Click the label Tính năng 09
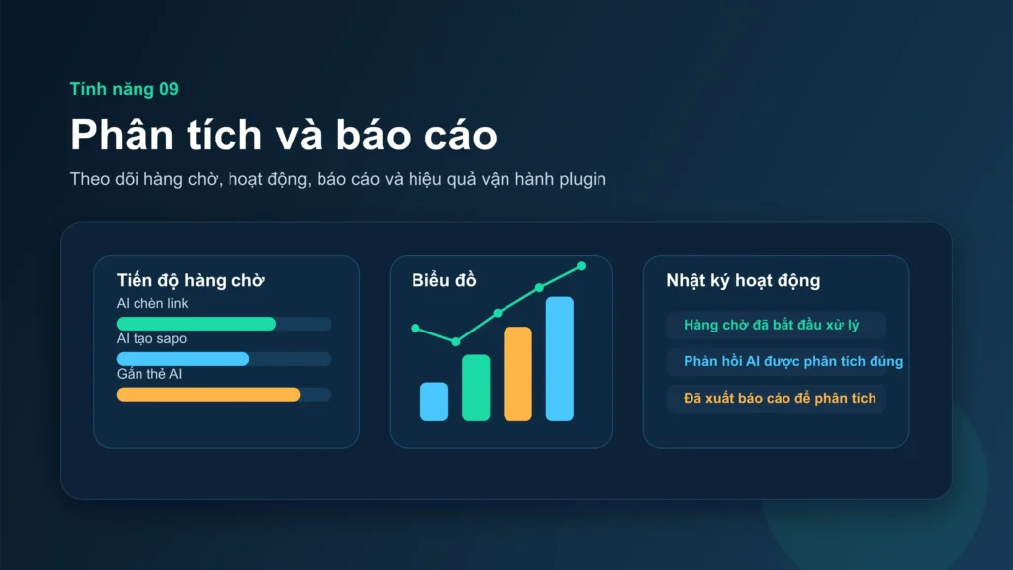[124, 89]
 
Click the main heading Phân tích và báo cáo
[283, 135]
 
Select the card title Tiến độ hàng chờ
[190, 280]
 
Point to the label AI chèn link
[152, 303]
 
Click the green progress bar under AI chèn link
[196, 324]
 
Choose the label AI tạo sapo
[151, 338]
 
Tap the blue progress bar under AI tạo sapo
[182, 359]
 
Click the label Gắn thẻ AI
[149, 374]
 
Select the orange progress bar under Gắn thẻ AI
[208, 395]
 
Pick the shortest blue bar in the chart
[434, 402]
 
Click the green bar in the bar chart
[476, 387]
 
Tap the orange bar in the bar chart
[517, 373]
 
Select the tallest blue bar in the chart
[559, 358]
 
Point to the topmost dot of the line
[581, 265]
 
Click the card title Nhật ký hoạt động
[743, 280]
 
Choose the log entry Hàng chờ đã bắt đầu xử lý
[772, 325]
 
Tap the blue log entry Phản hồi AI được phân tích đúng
[793, 361]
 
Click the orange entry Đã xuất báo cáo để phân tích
[780, 398]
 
